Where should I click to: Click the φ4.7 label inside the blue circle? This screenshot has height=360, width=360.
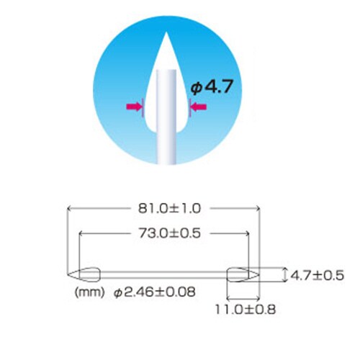tap(212, 88)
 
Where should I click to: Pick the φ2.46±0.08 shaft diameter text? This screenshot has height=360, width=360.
tap(154, 293)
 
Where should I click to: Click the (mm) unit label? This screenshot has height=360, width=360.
tap(87, 293)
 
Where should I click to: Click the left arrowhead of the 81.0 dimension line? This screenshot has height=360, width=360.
tap(69, 209)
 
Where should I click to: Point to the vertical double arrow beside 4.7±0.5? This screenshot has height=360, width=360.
tap(285, 274)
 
